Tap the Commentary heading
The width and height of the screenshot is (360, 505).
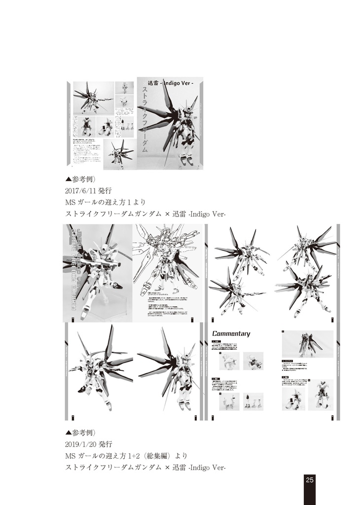231,333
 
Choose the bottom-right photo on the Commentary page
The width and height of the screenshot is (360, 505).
321,395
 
